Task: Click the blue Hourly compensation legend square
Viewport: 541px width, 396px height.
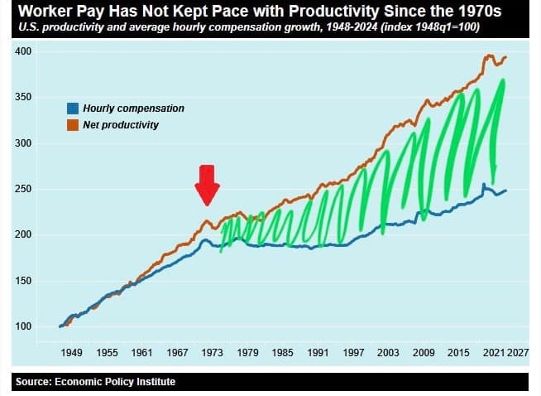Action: point(73,109)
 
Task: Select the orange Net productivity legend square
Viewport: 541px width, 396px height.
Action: point(73,124)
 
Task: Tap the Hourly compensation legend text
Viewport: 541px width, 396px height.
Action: point(133,109)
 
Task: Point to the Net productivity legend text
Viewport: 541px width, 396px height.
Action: point(121,124)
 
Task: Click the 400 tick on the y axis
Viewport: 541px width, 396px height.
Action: point(24,51)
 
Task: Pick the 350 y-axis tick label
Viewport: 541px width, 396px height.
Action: point(24,98)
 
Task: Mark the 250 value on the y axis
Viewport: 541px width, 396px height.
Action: point(24,189)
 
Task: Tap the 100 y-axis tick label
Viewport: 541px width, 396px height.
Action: point(24,326)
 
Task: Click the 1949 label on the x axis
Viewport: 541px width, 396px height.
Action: point(71,353)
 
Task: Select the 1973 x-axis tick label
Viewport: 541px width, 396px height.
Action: point(213,353)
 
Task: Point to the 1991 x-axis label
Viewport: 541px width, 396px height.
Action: point(318,353)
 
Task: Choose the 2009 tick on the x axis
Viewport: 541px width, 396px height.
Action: point(424,353)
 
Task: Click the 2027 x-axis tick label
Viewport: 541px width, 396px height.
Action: point(518,353)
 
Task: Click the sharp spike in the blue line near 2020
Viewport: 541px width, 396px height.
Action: point(483,185)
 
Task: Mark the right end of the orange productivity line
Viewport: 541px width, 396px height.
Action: point(505,57)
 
